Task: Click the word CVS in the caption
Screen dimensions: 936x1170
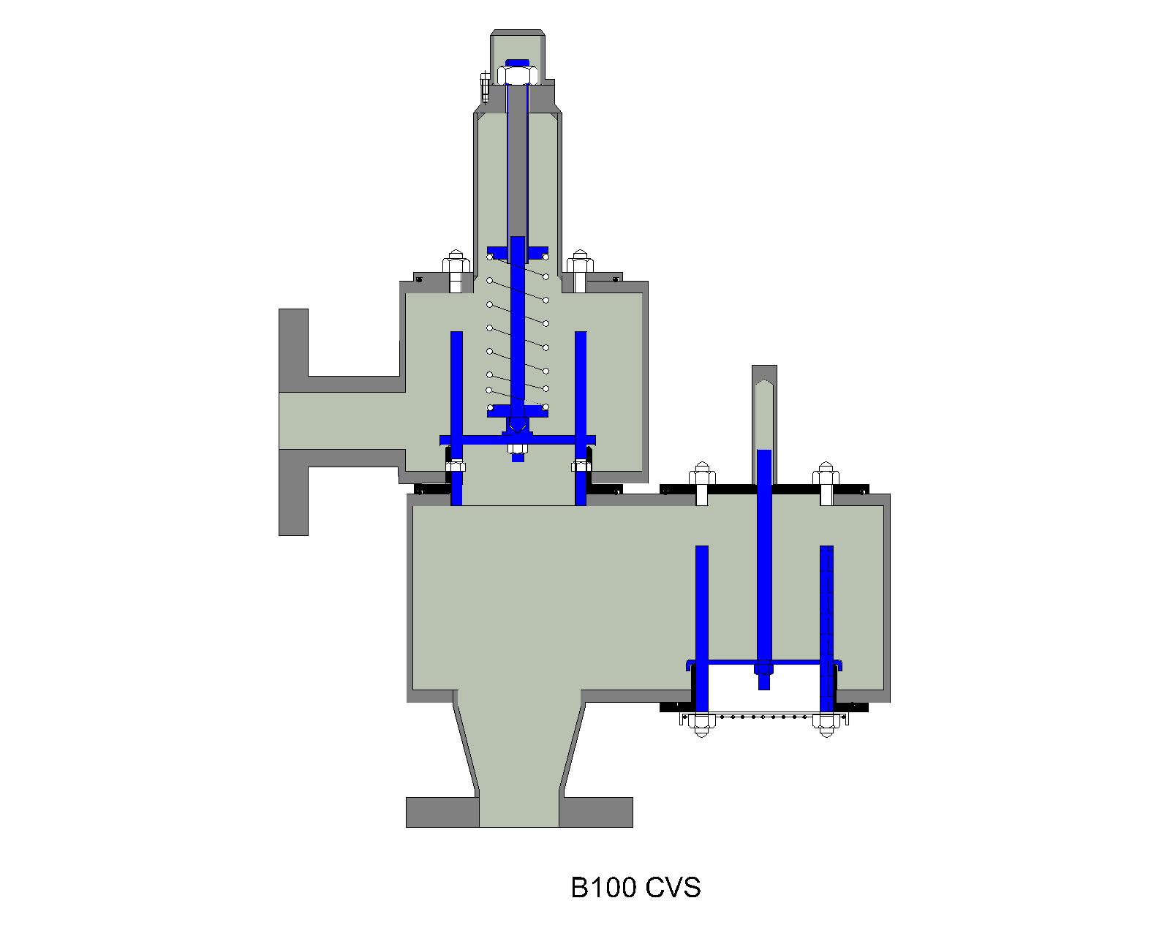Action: (x=673, y=888)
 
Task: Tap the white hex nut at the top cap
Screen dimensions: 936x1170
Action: (x=518, y=75)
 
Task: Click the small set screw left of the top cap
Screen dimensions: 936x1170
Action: (x=485, y=87)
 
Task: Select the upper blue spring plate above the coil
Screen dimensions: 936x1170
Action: (x=518, y=252)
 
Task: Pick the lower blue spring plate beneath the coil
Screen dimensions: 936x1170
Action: (x=518, y=411)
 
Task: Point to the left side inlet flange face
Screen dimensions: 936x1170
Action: (x=292, y=421)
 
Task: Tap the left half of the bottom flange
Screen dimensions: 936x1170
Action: (x=442, y=812)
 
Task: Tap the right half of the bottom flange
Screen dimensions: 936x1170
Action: (x=596, y=812)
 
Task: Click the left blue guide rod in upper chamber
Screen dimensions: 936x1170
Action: (x=456, y=384)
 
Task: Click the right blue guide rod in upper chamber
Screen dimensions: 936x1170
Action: (x=581, y=384)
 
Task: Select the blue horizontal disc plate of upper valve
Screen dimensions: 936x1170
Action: (x=518, y=439)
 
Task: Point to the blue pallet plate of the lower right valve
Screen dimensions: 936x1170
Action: (x=763, y=663)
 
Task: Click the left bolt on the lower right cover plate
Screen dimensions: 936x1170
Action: (x=701, y=483)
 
